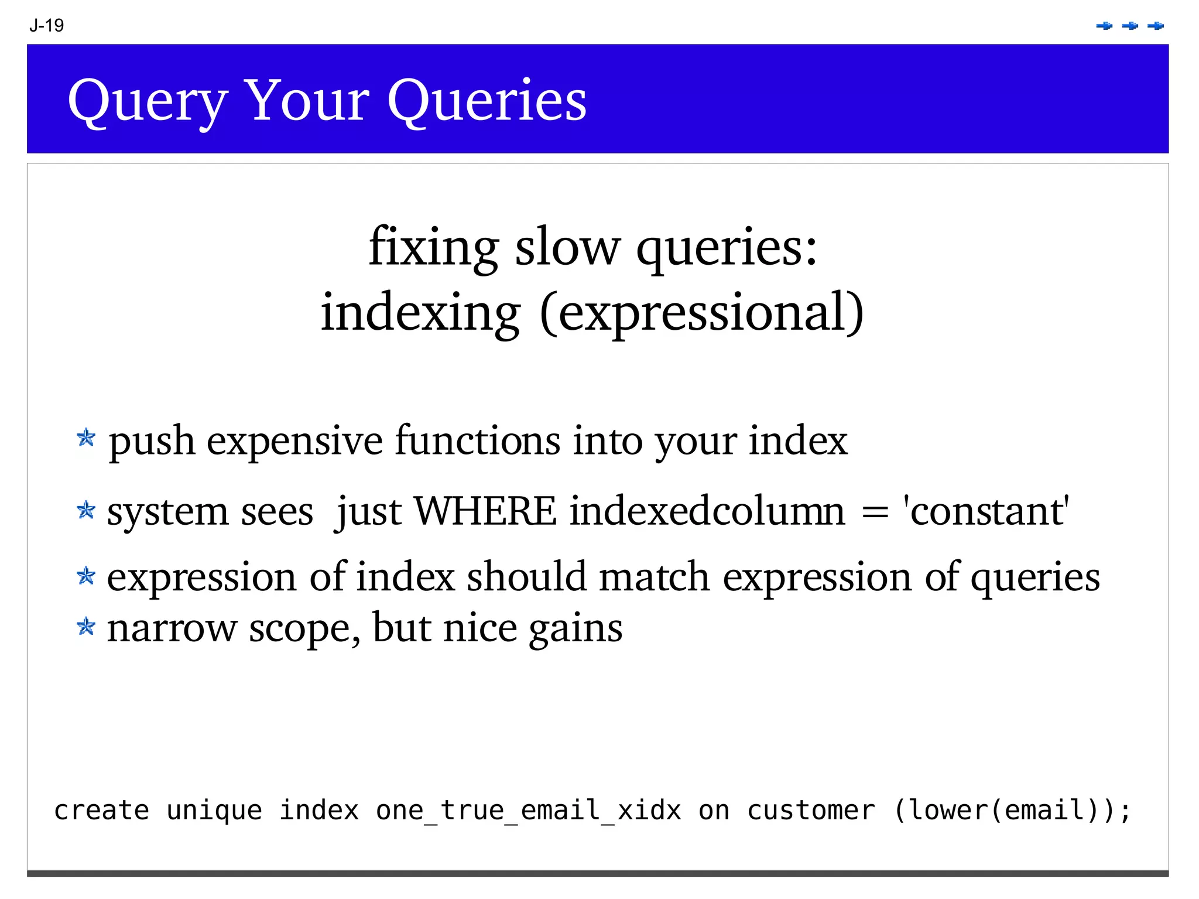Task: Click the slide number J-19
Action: pyautogui.click(x=46, y=26)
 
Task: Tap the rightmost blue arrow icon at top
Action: pyautogui.click(x=1156, y=26)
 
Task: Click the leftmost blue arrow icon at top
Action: pyautogui.click(x=1104, y=26)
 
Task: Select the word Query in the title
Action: pyautogui.click(x=148, y=101)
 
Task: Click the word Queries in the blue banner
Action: pyautogui.click(x=487, y=101)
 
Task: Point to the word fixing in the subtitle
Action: pyautogui.click(x=433, y=248)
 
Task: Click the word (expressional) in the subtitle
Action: pyautogui.click(x=701, y=312)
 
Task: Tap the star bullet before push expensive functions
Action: pyautogui.click(x=86, y=437)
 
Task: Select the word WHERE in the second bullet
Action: pyautogui.click(x=485, y=511)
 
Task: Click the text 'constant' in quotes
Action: pyautogui.click(x=986, y=511)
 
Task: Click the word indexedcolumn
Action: pyautogui.click(x=708, y=511)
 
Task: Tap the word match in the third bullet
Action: pyautogui.click(x=655, y=577)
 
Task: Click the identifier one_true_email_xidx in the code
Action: pyautogui.click(x=529, y=811)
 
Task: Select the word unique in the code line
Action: pyautogui.click(x=214, y=811)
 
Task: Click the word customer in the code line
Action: pyautogui.click(x=811, y=811)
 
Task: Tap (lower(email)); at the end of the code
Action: pyautogui.click(x=1012, y=811)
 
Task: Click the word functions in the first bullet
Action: pyautogui.click(x=477, y=440)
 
